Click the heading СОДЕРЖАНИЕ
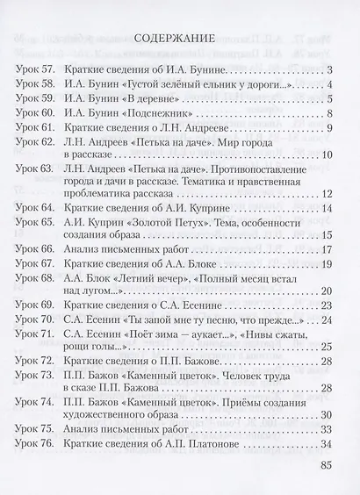tap(179, 40)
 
